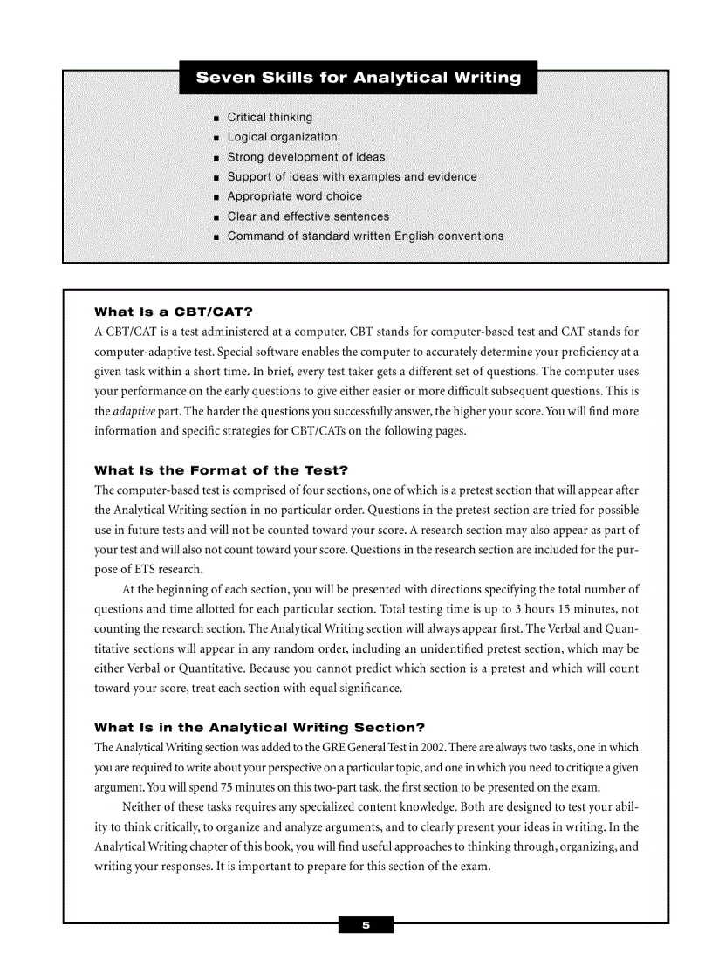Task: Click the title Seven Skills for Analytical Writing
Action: click(x=358, y=78)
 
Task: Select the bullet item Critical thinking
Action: click(x=270, y=117)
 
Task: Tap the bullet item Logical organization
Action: click(x=282, y=137)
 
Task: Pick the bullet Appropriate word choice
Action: click(x=294, y=196)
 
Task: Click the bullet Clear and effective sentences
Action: click(x=308, y=216)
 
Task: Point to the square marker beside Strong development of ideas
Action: click(x=216, y=158)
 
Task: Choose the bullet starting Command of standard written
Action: click(x=365, y=236)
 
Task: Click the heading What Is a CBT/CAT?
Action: click(x=173, y=312)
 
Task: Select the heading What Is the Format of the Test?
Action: click(x=221, y=470)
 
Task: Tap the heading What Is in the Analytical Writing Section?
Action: click(x=259, y=728)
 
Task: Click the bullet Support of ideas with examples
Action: click(x=352, y=177)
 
